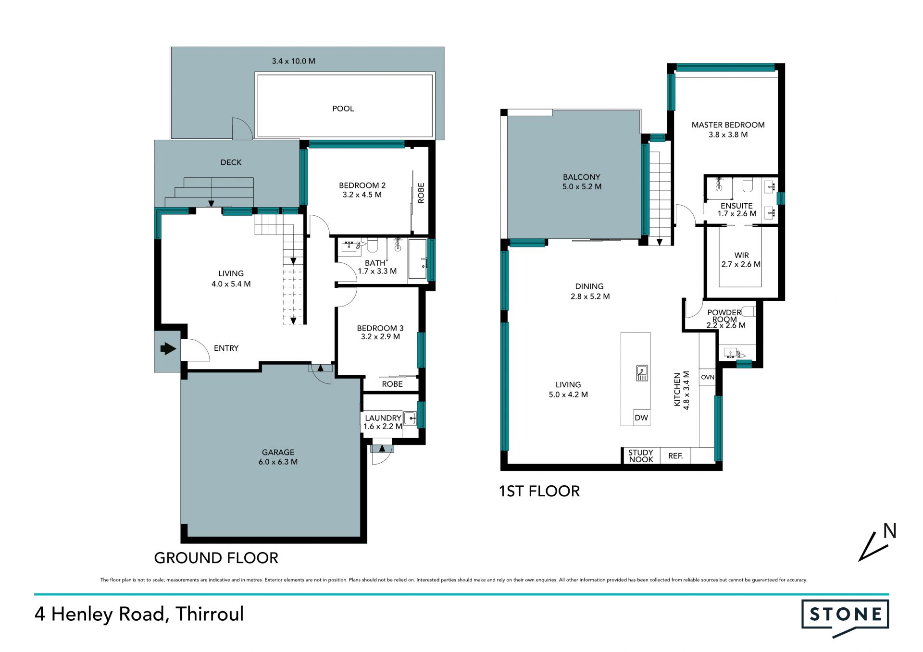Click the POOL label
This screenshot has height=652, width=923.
tap(343, 109)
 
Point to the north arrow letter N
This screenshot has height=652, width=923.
tap(890, 531)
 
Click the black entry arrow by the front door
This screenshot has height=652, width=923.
tap(168, 348)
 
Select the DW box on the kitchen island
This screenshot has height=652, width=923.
tap(641, 418)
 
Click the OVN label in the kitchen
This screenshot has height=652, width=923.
tap(708, 377)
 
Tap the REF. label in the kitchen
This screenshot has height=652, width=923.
tap(675, 456)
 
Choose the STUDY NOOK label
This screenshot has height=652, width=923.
tap(641, 456)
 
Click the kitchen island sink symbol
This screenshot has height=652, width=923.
tap(642, 373)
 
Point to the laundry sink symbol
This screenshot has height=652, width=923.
tap(410, 418)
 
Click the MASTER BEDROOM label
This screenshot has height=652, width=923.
tap(728, 125)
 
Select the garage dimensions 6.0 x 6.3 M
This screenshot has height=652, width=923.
tap(278, 462)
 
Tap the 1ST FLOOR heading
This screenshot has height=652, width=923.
tap(539, 491)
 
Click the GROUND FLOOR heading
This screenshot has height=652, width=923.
tap(216, 558)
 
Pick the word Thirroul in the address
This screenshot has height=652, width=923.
tap(210, 614)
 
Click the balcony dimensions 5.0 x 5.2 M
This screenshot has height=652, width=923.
tap(582, 187)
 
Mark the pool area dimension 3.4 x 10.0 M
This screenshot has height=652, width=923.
tap(294, 61)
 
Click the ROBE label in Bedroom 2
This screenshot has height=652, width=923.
tap(421, 193)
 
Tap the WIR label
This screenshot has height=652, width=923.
tap(741, 256)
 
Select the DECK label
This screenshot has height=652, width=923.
tap(231, 162)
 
